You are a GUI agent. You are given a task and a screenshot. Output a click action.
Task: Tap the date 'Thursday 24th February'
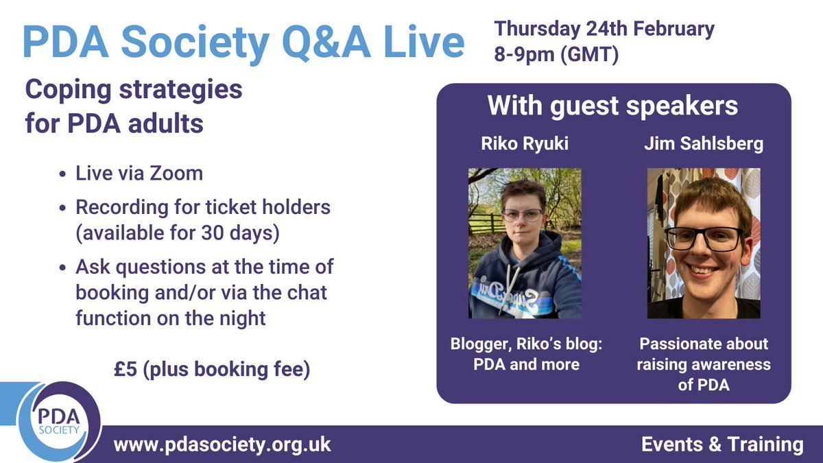pyautogui.click(x=604, y=29)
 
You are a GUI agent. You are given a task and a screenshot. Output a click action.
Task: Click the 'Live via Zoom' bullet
pyautogui.click(x=139, y=173)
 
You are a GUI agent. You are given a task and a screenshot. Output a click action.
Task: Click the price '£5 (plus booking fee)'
pyautogui.click(x=212, y=369)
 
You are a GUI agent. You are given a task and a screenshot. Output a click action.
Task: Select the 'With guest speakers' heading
pyautogui.click(x=612, y=106)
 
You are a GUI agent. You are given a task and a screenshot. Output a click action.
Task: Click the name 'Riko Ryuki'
pyautogui.click(x=525, y=144)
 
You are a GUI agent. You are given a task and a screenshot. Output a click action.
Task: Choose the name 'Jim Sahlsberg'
pyautogui.click(x=704, y=144)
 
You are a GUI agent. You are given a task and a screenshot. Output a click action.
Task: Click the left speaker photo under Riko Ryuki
pyautogui.click(x=525, y=243)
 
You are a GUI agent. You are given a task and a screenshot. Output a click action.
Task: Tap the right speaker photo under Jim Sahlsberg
pyautogui.click(x=704, y=243)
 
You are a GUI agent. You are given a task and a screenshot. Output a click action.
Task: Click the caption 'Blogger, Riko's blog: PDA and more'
pyautogui.click(x=527, y=353)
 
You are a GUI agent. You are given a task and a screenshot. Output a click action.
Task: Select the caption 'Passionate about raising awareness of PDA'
pyautogui.click(x=704, y=364)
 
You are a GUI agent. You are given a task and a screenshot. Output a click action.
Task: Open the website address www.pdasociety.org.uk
pyautogui.click(x=222, y=444)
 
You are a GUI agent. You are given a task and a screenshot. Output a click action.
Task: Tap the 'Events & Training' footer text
pyautogui.click(x=722, y=444)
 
